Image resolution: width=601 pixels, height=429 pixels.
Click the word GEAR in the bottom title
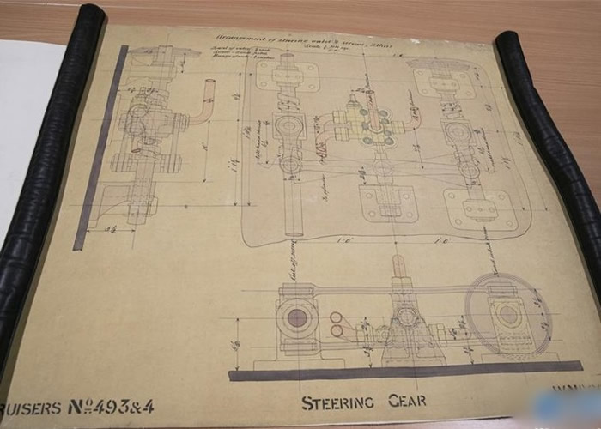click(x=405, y=401)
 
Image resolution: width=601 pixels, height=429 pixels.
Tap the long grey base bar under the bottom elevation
click(x=404, y=372)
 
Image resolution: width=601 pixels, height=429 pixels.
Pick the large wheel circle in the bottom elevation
click(x=507, y=314)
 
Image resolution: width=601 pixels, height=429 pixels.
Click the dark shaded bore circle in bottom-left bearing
click(x=297, y=318)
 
